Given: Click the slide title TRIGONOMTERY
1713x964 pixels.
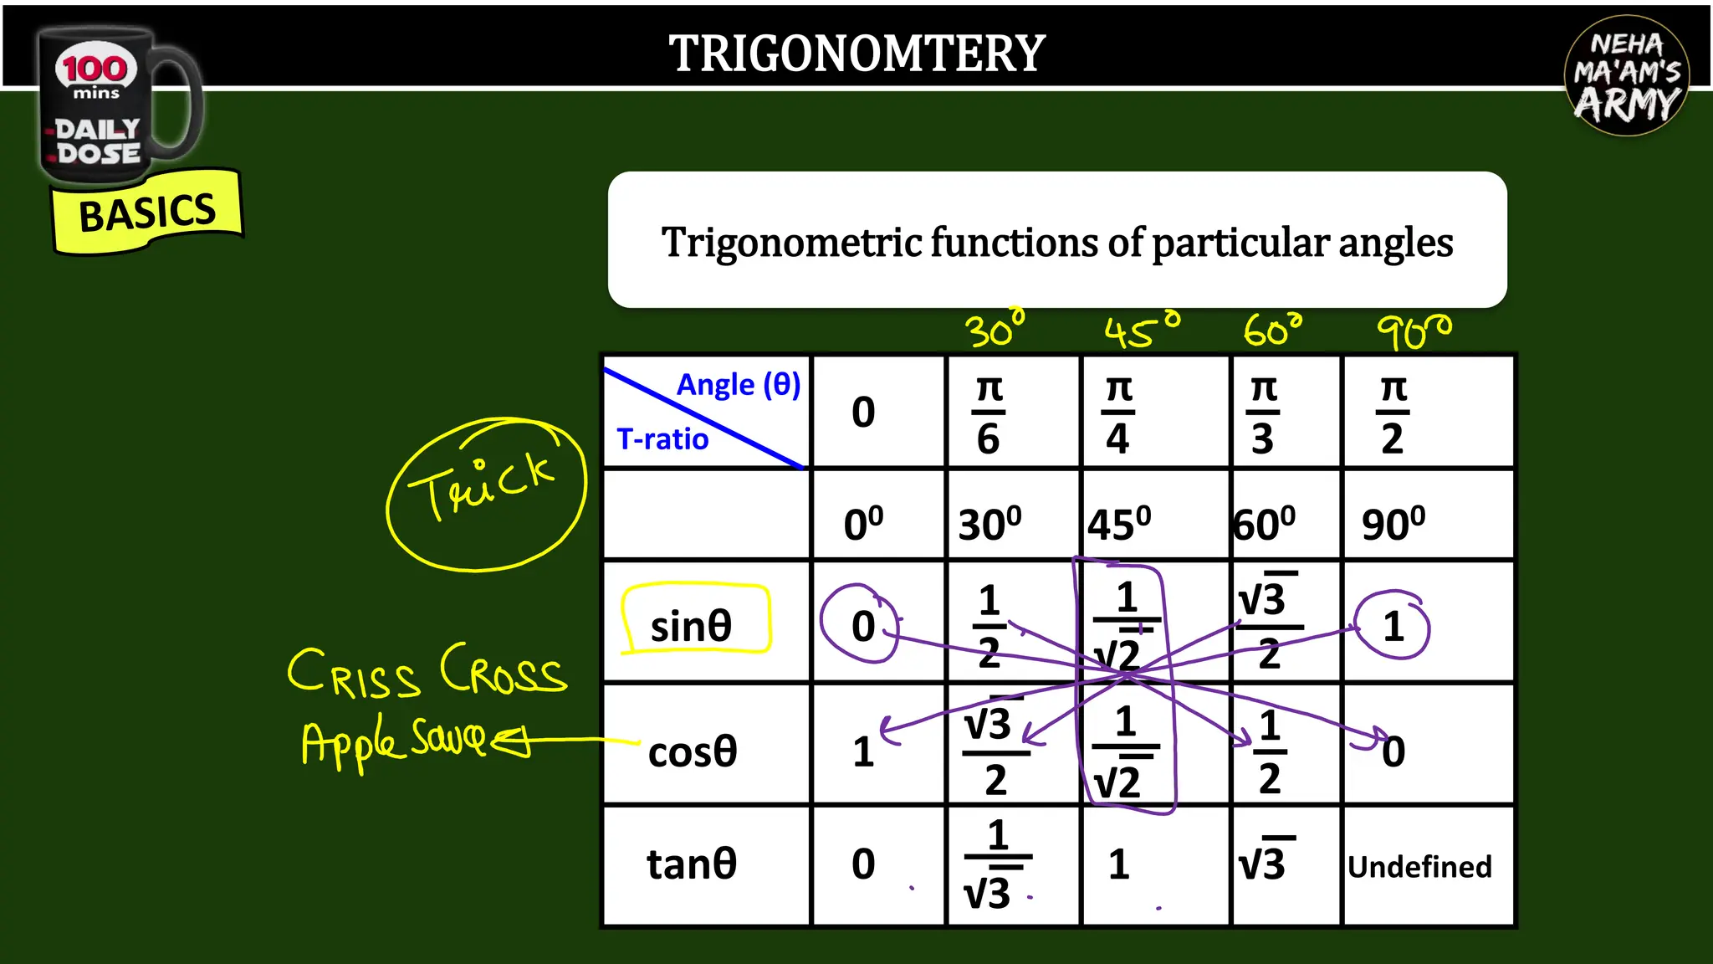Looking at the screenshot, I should click(x=856, y=54).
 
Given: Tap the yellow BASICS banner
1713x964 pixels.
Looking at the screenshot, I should click(x=147, y=213).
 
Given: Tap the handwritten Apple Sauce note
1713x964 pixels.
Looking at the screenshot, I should click(x=393, y=741).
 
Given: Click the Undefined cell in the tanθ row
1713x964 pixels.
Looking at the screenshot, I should click(x=1419, y=867).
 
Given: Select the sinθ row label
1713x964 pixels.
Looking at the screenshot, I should click(x=692, y=626).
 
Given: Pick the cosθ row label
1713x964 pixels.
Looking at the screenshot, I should click(x=693, y=751).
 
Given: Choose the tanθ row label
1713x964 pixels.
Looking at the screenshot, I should click(x=692, y=864).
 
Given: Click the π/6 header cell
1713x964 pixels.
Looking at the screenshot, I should click(x=989, y=413).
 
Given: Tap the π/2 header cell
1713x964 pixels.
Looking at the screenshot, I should click(x=1393, y=413).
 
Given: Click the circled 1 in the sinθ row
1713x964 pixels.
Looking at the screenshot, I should click(x=1393, y=626).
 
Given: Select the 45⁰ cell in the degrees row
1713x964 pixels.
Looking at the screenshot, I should click(x=1119, y=525).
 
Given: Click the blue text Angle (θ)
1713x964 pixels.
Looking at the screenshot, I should click(x=738, y=385).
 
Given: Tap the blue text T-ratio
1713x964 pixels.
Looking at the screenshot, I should click(x=662, y=439).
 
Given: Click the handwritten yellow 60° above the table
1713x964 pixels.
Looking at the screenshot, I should click(x=1272, y=331).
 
